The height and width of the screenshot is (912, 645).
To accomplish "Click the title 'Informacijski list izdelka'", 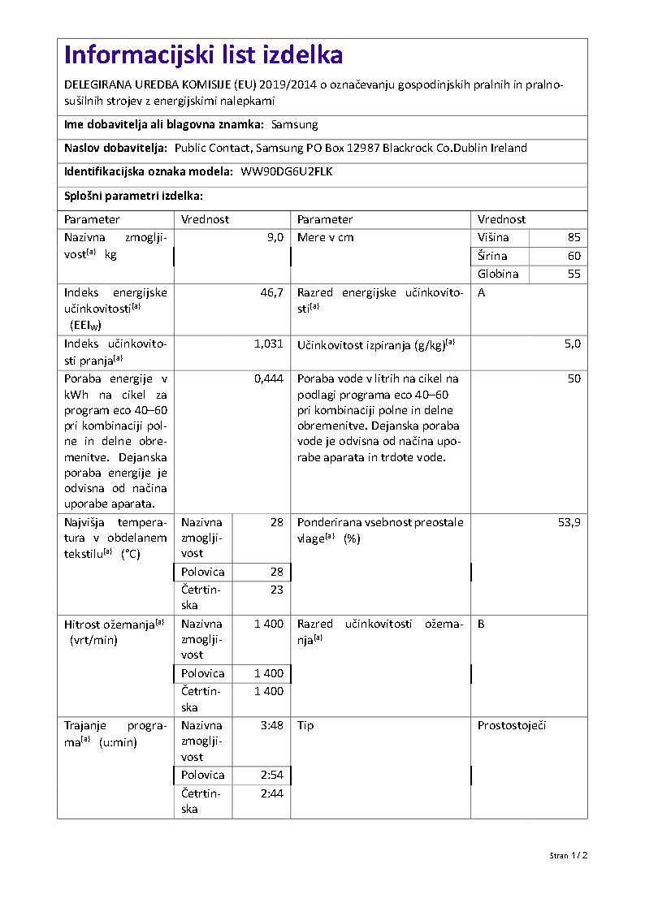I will pyautogui.click(x=203, y=55).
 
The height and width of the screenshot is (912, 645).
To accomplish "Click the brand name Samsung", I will pyautogui.click(x=294, y=125).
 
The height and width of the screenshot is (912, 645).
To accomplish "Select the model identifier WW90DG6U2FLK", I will pyautogui.click(x=287, y=172).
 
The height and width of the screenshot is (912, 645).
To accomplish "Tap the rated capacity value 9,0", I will pyautogui.click(x=275, y=238).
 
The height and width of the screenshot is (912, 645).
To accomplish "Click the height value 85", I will pyautogui.click(x=574, y=238).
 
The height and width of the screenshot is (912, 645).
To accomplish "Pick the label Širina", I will pyautogui.click(x=492, y=256).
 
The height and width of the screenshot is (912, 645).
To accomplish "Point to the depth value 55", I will pyautogui.click(x=574, y=274).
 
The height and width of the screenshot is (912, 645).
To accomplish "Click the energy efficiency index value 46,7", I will pyautogui.click(x=271, y=292).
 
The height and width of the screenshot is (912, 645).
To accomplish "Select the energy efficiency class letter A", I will pyautogui.click(x=482, y=292).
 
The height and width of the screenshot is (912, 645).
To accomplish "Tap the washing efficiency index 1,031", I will pyautogui.click(x=268, y=344).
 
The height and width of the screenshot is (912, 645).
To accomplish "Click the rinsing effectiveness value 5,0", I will pyautogui.click(x=573, y=344).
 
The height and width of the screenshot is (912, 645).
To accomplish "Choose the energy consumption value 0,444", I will pyautogui.click(x=268, y=379).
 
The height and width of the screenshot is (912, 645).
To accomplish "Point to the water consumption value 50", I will pyautogui.click(x=574, y=379).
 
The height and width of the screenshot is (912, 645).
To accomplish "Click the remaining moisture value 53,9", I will pyautogui.click(x=569, y=522).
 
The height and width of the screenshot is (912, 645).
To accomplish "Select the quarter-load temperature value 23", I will pyautogui.click(x=276, y=590).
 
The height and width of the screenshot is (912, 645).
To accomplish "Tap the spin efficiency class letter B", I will pyautogui.click(x=482, y=624).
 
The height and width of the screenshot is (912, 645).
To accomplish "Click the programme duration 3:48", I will pyautogui.click(x=271, y=725).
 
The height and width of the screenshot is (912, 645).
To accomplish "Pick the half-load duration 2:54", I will pyautogui.click(x=271, y=775).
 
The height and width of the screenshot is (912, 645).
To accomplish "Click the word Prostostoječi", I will pyautogui.click(x=512, y=725).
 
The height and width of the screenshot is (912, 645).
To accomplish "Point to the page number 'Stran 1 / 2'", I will pyautogui.click(x=568, y=856).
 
